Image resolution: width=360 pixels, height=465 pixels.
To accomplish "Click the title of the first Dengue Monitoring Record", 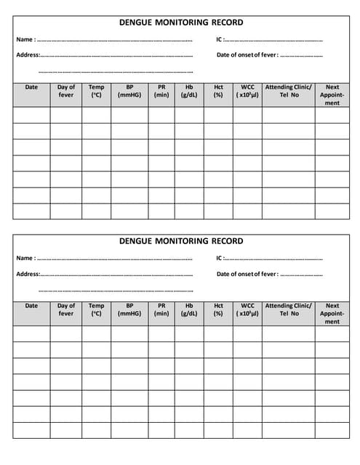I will (x=181, y=23).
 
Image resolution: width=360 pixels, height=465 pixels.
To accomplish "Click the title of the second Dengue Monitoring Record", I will (x=181, y=241).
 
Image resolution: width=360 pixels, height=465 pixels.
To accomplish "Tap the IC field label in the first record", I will (x=220, y=39).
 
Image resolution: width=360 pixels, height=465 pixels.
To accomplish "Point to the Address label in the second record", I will (x=28, y=274).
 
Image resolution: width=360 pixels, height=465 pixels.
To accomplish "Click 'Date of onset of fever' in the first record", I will (x=247, y=55).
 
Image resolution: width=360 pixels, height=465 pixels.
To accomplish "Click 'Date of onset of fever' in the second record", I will (x=247, y=274).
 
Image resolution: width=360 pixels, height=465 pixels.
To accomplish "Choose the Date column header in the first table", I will (x=31, y=87).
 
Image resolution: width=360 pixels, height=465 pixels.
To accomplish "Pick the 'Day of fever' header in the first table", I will (x=66, y=91).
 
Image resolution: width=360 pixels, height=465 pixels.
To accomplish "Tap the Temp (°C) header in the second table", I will (x=96, y=310).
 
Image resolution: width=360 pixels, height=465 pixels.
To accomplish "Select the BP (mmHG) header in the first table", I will (x=129, y=91).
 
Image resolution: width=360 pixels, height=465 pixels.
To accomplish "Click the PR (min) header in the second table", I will (x=161, y=310).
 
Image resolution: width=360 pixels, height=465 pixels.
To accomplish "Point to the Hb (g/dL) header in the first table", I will (x=189, y=91).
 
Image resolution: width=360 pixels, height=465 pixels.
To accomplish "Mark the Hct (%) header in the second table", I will (x=218, y=310).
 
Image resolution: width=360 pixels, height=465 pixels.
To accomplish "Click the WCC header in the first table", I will (x=247, y=91).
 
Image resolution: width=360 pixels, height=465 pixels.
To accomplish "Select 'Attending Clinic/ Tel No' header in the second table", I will (x=289, y=310).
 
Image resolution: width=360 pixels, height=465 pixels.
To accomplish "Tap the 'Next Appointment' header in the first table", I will (x=332, y=94).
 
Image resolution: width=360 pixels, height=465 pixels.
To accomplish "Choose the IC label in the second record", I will (x=220, y=258).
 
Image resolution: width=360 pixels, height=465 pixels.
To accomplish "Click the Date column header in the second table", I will (x=31, y=306).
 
